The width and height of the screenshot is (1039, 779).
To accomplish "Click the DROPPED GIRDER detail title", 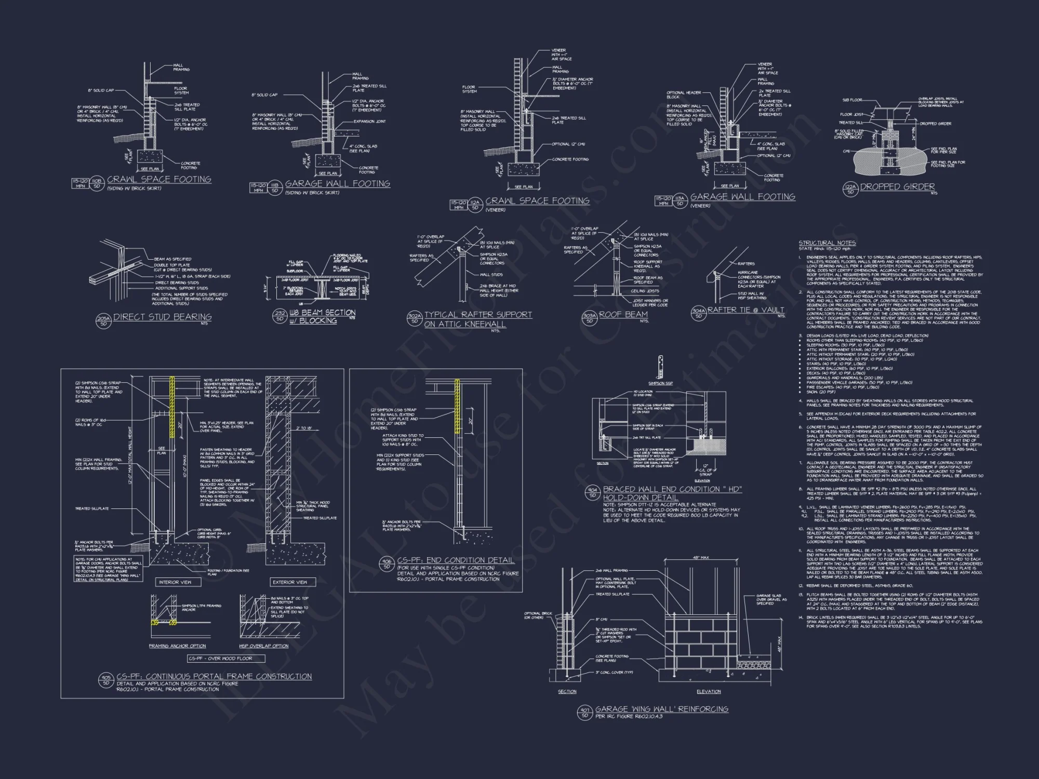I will click(897, 187).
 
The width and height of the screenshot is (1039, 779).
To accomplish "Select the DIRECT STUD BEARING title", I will click(162, 317).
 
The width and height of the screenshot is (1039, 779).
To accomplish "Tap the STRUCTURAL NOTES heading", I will click(827, 243).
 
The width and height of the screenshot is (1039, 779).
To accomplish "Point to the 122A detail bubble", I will click(850, 189).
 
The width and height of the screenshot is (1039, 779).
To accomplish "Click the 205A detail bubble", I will click(104, 320).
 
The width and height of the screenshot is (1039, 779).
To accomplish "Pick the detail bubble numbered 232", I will click(280, 316).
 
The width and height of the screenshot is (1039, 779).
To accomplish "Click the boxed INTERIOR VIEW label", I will click(175, 582).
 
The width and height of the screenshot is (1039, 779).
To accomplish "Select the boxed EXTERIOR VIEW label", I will click(290, 582).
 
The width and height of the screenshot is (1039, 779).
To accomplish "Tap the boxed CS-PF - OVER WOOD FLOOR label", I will click(226, 659).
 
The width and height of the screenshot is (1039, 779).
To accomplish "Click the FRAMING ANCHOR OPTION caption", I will click(177, 646).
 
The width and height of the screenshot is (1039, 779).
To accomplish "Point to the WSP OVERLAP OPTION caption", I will click(263, 646).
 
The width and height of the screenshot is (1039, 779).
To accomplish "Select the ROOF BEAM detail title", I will click(623, 315).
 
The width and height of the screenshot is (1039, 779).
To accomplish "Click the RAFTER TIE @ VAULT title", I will click(745, 310).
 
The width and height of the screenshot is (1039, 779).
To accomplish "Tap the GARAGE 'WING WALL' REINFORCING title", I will click(661, 709).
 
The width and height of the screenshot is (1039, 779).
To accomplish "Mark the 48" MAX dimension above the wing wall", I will click(701, 558).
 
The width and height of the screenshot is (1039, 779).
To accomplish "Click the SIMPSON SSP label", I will click(660, 383).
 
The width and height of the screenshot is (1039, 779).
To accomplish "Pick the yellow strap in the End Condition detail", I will click(457, 406).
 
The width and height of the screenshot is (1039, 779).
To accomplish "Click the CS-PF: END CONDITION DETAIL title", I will click(456, 560).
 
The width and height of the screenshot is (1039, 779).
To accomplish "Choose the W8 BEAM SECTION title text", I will click(322, 313).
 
